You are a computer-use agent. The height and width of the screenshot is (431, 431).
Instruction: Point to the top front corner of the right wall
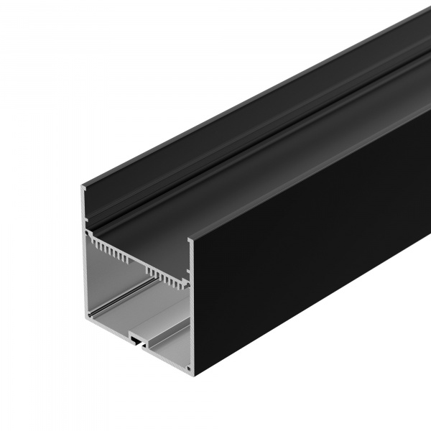click(193, 239)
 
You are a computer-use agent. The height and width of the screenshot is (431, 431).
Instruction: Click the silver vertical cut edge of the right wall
click(191, 309)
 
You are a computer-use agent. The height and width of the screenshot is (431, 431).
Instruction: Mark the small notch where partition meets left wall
click(89, 234)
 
